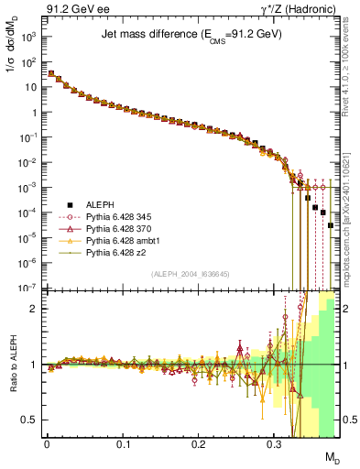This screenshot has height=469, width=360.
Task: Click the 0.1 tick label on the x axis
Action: [x=123, y=444]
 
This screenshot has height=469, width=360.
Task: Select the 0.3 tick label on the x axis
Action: [x=274, y=444]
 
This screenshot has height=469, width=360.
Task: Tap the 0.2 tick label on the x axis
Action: [x=199, y=444]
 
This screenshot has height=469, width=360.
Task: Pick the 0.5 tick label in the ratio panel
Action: [x=32, y=420]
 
